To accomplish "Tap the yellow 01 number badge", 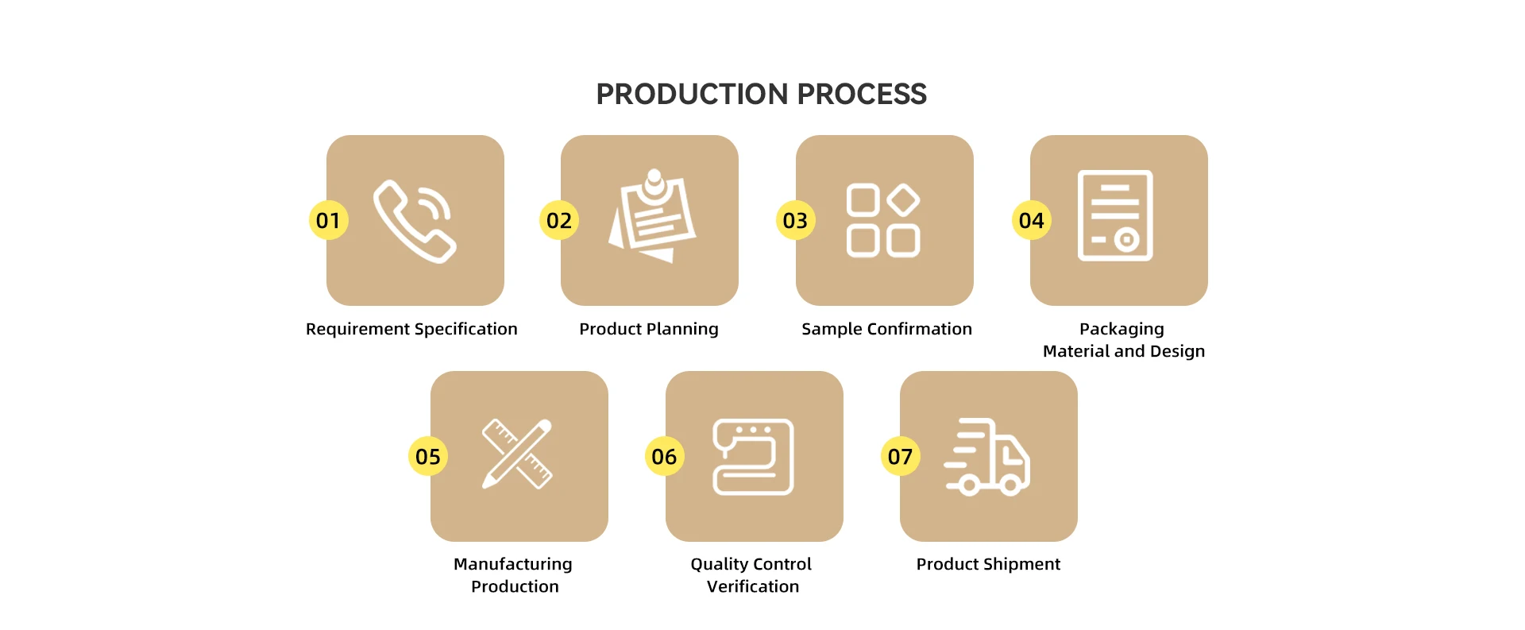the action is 329,220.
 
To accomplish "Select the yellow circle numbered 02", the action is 559,220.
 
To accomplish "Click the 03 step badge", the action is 795,220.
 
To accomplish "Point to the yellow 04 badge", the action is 1031,220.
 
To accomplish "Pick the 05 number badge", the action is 428,456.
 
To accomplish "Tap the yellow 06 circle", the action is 664,456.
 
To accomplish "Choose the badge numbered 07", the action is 900,456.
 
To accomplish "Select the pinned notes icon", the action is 652,216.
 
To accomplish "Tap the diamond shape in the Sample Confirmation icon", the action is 903,200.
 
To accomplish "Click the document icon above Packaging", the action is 1115,215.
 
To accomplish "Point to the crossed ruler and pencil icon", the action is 517,454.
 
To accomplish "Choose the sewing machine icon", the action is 753,457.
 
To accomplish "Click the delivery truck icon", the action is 986,457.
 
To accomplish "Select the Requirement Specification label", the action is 411,329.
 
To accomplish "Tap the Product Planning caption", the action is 649,329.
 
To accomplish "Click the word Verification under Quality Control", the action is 753,586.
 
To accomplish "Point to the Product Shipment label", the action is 988,564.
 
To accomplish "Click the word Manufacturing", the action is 513,564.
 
